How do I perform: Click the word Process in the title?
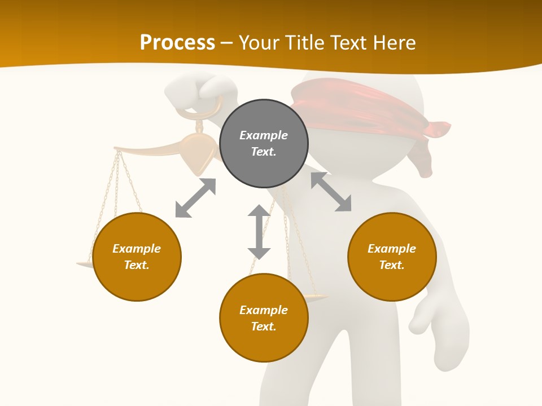pyautogui.click(x=177, y=43)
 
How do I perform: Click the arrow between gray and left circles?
pyautogui.click(x=195, y=198)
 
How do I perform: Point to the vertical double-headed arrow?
pyautogui.click(x=259, y=232)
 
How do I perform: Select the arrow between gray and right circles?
pyautogui.click(x=331, y=192)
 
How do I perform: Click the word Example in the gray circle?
pyautogui.click(x=264, y=135)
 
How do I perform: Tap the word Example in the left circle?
pyautogui.click(x=137, y=249)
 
